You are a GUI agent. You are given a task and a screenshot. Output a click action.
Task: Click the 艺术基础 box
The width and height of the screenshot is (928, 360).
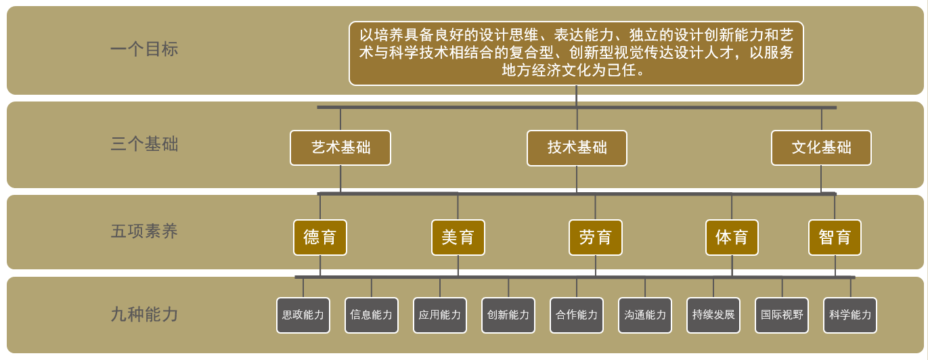[x=340, y=148]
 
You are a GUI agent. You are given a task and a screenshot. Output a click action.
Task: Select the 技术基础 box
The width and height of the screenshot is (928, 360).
[x=577, y=148]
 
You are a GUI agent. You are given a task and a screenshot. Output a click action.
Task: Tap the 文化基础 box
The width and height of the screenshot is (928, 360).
[x=821, y=148]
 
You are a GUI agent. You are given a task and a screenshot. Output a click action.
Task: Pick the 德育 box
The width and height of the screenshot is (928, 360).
[x=320, y=238]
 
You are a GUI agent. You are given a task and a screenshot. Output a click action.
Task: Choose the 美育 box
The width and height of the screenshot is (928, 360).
[x=458, y=238]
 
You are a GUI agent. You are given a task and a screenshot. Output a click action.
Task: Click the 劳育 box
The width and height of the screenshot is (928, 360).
[x=596, y=238]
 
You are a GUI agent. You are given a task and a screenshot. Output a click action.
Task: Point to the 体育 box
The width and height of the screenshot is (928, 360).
[x=732, y=238]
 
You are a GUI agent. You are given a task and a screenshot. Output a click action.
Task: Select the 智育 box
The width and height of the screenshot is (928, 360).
[x=835, y=238]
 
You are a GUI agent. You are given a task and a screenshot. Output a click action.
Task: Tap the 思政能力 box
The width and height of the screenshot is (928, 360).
[x=303, y=315]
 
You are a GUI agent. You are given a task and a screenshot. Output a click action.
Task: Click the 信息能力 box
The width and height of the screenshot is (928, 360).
[x=372, y=315]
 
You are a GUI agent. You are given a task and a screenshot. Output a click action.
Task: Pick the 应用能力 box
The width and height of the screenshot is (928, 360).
[x=440, y=315]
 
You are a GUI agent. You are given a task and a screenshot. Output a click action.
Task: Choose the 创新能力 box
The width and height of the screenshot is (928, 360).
[x=508, y=315]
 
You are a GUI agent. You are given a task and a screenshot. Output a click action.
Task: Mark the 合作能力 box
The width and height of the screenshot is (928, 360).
[x=577, y=315]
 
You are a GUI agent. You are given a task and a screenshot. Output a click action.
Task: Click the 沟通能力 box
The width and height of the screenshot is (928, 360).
[x=645, y=315]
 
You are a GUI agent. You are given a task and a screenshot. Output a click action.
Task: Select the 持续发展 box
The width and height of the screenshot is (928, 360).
[x=713, y=315]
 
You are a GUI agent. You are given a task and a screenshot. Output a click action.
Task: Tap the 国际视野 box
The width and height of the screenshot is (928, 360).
[x=782, y=315]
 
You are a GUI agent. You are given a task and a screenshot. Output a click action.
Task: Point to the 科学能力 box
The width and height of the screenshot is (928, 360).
[x=850, y=315]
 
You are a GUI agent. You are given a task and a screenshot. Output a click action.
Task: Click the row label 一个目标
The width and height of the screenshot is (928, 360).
[x=144, y=49]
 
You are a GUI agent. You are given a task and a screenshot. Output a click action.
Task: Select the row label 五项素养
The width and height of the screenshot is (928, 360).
[x=144, y=231]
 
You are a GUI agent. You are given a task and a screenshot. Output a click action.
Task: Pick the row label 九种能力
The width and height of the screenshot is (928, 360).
[x=144, y=315]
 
